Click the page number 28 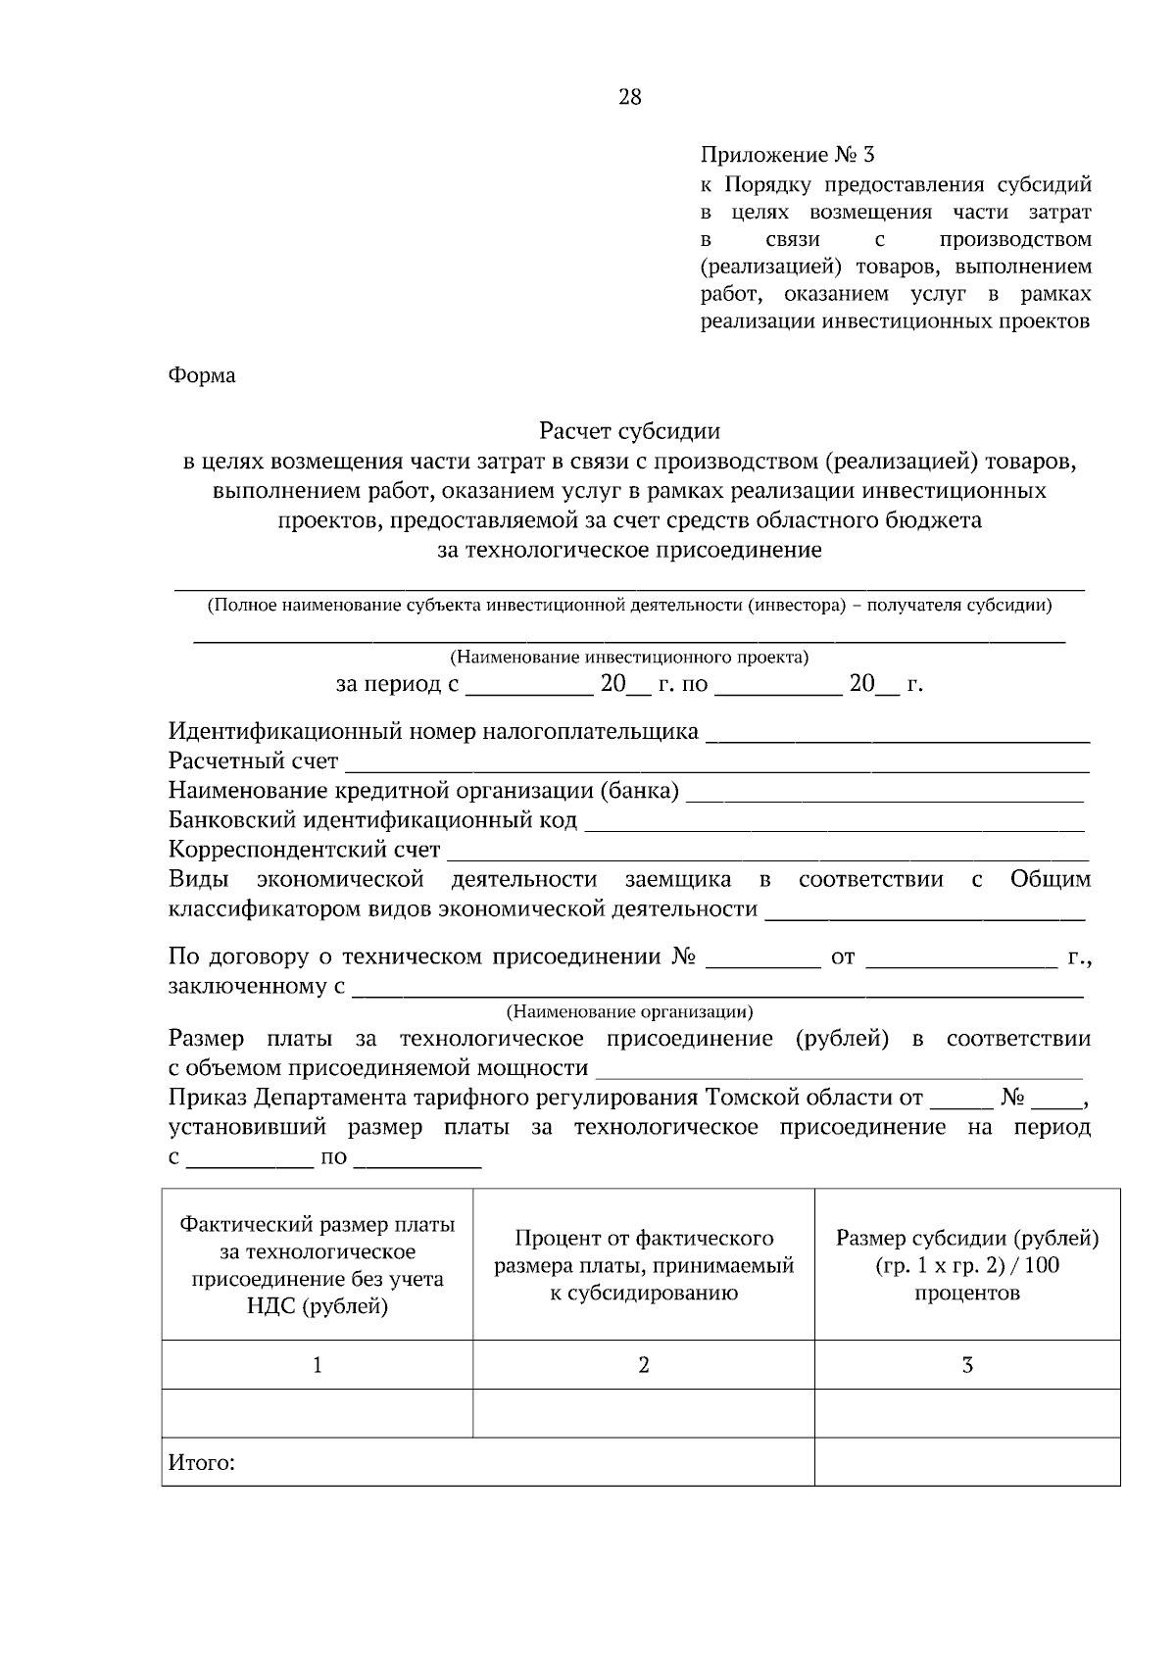629,97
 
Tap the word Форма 202,375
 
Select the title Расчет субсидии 629,431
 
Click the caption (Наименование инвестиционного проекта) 629,657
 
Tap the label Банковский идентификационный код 372,820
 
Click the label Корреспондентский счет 304,850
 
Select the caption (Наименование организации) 629,1011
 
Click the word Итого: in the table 202,1464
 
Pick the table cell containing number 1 318,1365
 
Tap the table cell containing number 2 644,1365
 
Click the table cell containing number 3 967,1365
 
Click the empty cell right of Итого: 967,1462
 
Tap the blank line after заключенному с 717,990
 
